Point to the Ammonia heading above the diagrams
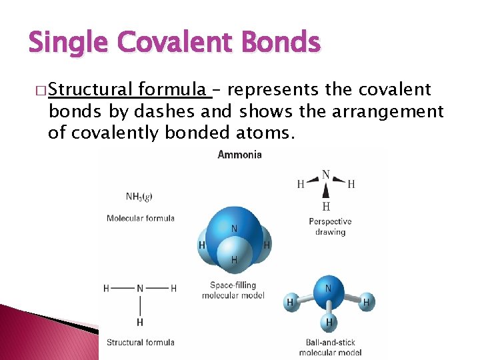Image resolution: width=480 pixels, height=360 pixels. point(239,155)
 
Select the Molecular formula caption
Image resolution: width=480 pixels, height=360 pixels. point(140,218)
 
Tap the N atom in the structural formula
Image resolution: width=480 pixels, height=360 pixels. point(140,289)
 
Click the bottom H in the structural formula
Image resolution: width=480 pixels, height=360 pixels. point(140,323)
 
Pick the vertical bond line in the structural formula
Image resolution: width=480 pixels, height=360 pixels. point(140,306)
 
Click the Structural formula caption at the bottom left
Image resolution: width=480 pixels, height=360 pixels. point(140,343)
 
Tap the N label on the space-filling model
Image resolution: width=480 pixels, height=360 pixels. point(234,229)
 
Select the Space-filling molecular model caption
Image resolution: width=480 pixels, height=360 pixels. point(233,290)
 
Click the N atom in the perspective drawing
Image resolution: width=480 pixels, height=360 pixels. point(326,175)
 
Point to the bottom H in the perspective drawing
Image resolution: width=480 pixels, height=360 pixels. point(326,207)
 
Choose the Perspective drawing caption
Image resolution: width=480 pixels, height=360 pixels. point(330,227)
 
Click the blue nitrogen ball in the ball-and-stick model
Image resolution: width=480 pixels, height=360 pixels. point(327,289)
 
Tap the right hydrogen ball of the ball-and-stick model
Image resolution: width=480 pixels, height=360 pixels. point(366,303)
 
